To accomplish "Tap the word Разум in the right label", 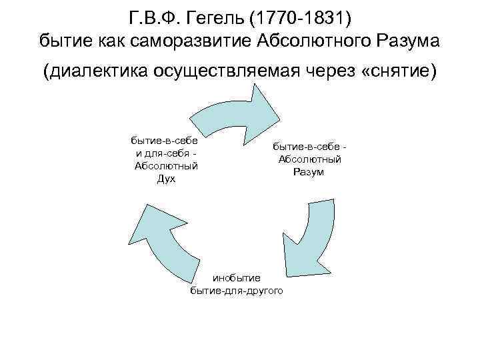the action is pyautogui.click(x=308, y=172).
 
